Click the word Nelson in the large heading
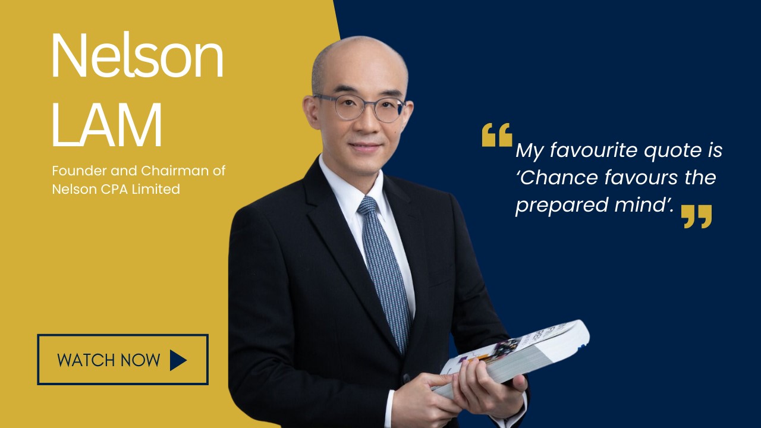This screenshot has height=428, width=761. [x=137, y=55]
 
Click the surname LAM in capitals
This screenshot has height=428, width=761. [x=106, y=125]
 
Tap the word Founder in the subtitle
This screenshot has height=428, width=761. [x=80, y=171]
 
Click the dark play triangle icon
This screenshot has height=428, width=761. [x=178, y=360]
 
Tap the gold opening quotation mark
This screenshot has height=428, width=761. [x=497, y=135]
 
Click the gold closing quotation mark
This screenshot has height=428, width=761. [x=696, y=216]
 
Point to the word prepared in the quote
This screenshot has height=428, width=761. [x=562, y=206]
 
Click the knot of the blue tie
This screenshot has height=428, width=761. [x=367, y=206]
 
